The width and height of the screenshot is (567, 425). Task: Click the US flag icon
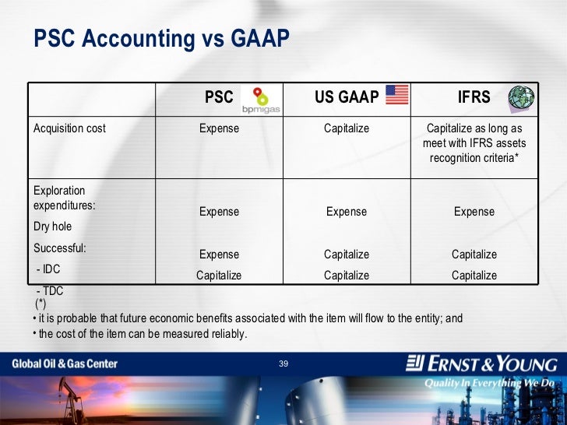(x=396, y=95)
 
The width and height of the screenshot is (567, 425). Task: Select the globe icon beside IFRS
(x=521, y=97)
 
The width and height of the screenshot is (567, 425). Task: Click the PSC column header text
(x=219, y=97)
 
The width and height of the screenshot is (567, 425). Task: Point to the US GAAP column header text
(x=347, y=97)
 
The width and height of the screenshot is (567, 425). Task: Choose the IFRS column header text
(x=474, y=97)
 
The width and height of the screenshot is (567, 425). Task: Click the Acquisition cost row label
(x=70, y=128)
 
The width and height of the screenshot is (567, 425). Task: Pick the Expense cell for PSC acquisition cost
(x=219, y=128)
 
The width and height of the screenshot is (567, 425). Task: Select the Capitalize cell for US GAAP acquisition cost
(x=347, y=128)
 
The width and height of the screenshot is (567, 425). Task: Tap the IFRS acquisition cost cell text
(x=474, y=143)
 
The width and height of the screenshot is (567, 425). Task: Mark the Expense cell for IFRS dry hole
(x=474, y=212)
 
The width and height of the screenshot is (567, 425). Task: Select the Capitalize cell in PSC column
(x=219, y=276)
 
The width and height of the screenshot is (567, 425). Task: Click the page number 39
(x=283, y=364)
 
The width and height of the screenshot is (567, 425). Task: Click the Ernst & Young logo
(x=482, y=364)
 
